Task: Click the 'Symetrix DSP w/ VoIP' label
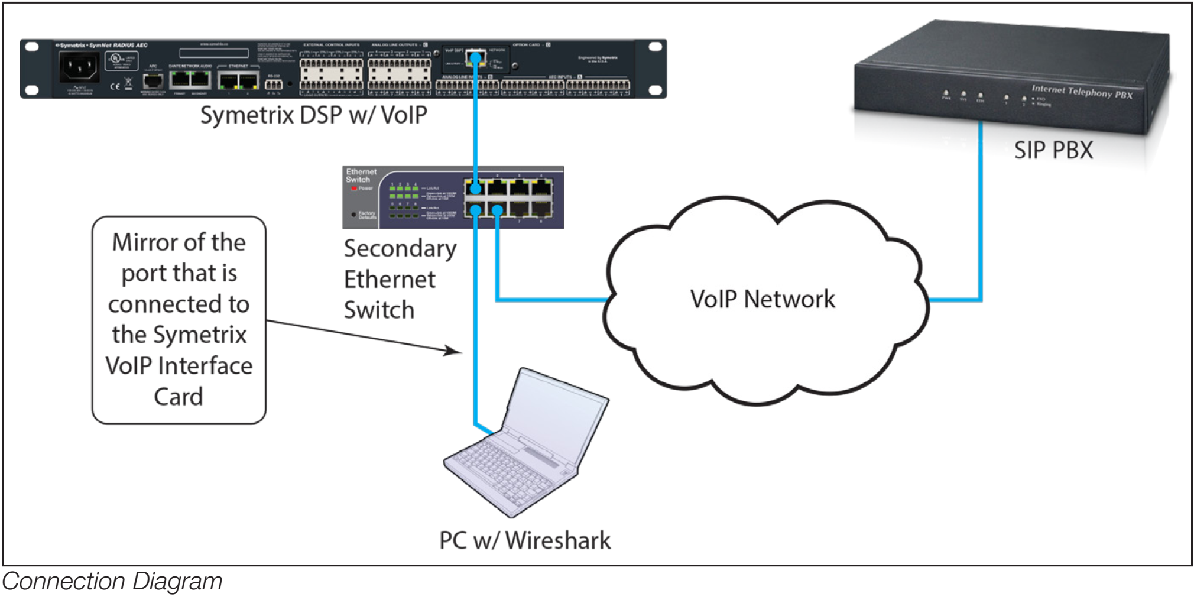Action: [313, 115]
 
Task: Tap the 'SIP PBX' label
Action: [1053, 150]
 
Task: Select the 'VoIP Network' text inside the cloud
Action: [763, 299]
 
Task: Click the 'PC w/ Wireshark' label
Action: [524, 540]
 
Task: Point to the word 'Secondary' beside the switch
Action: [400, 249]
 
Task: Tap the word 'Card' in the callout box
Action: [179, 397]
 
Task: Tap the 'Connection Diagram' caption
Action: [112, 581]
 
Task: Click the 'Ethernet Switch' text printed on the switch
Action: [361, 176]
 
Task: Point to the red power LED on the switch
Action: [354, 189]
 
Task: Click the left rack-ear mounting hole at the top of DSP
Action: [32, 47]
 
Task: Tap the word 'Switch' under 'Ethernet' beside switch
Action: [379, 310]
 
